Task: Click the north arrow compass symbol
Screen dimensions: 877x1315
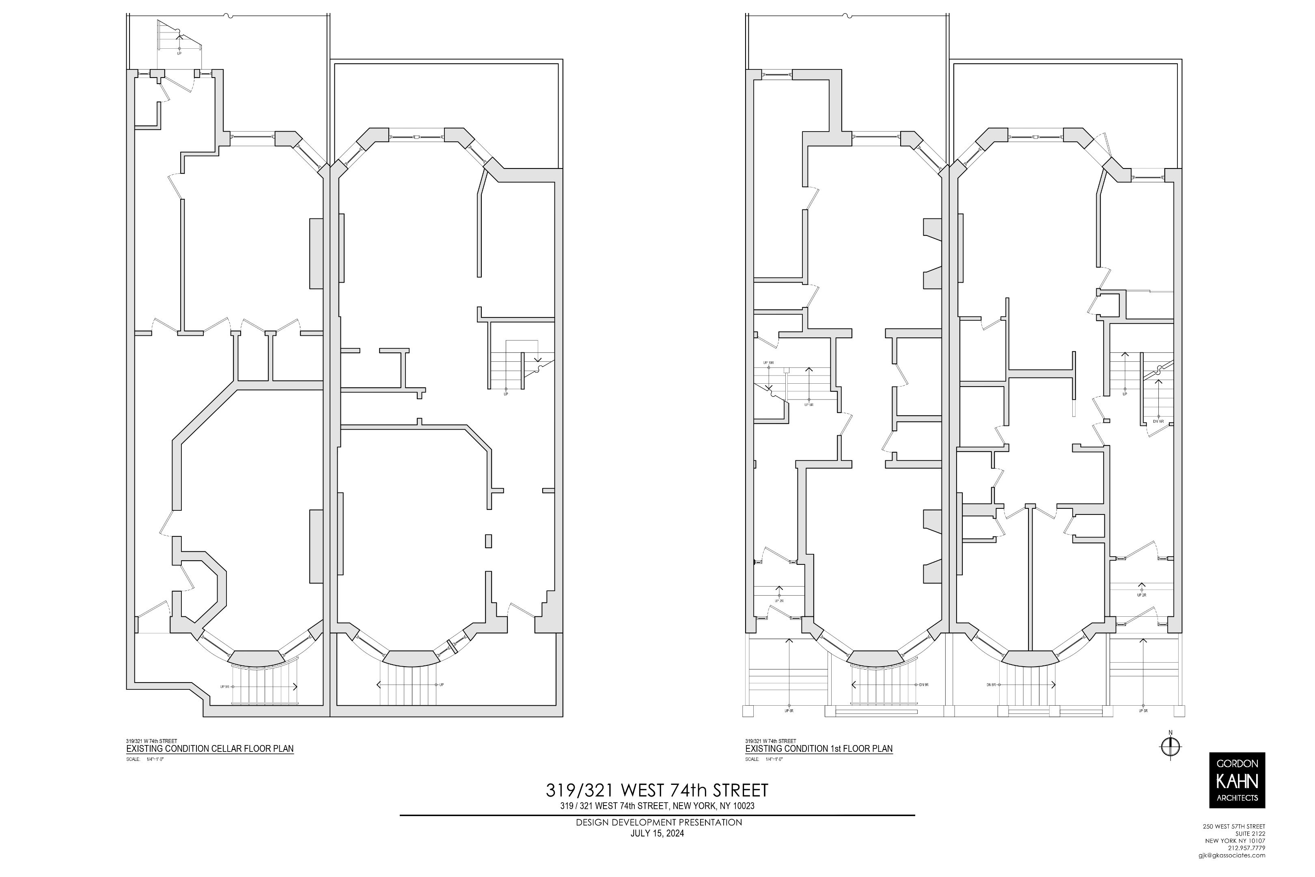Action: click(1170, 746)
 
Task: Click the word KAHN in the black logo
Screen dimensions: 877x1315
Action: click(1237, 781)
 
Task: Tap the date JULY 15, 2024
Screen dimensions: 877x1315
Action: click(657, 849)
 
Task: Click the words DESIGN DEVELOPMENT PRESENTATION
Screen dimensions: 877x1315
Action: click(659, 838)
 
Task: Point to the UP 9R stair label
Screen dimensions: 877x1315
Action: click(225, 686)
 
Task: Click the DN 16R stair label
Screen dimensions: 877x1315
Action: click(1158, 421)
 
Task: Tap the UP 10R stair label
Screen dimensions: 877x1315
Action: click(768, 363)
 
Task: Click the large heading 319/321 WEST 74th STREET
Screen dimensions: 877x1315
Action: click(657, 790)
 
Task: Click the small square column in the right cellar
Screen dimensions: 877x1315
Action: click(488, 541)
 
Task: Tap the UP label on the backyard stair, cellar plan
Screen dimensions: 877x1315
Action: click(179, 54)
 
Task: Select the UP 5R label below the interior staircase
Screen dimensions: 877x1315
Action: click(808, 404)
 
